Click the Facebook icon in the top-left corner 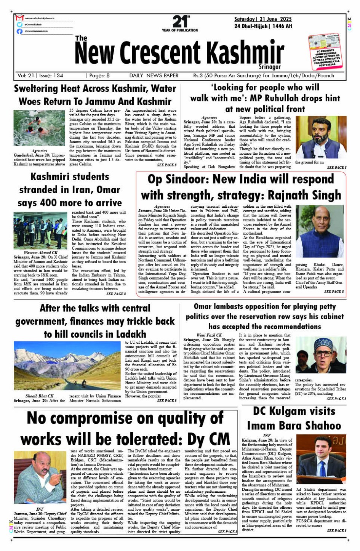(x=19, y=31)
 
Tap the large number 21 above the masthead (x=179, y=21)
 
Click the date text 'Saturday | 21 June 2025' (x=263, y=19)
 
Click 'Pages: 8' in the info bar (x=98, y=76)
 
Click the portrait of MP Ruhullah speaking (x=321, y=138)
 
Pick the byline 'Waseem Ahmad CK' (x=40, y=253)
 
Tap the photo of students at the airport (x=40, y=231)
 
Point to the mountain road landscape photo (x=67, y=365)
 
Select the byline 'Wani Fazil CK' (x=209, y=335)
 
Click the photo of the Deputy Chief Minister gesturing (x=40, y=477)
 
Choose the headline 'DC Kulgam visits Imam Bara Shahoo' (x=294, y=418)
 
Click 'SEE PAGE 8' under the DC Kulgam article (x=337, y=530)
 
